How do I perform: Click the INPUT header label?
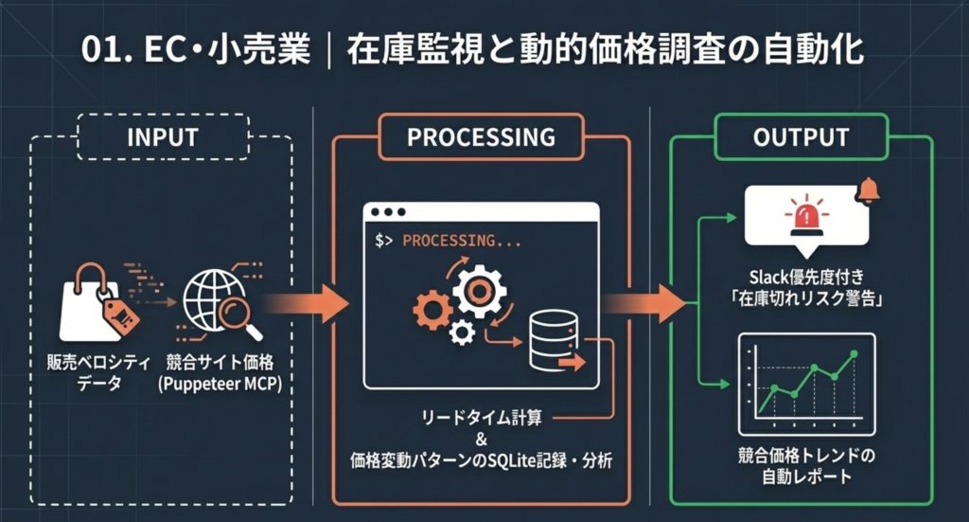pos(162,136)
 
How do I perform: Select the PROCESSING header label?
pos(481,136)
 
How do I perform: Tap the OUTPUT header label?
pos(801,136)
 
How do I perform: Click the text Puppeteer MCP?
pos(220,384)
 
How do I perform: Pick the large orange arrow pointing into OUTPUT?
pos(644,304)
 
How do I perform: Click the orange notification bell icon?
pos(867,190)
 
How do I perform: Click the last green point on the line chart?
pos(854,354)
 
